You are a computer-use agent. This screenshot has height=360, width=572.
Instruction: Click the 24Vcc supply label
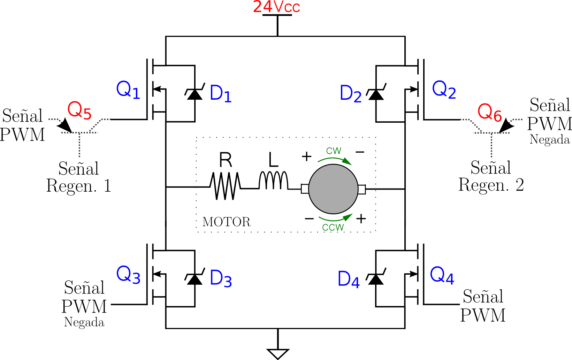[276, 7]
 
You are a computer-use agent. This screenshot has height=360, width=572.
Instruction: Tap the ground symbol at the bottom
[278, 353]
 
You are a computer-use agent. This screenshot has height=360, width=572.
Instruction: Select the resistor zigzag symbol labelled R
[225, 186]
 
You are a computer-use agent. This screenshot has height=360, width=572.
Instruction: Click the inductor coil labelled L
[273, 181]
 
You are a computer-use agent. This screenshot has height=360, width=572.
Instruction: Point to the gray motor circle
[333, 189]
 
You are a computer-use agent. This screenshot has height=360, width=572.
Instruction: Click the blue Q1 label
[128, 90]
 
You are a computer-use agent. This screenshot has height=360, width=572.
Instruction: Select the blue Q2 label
[444, 89]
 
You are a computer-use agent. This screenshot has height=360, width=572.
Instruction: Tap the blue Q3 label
[128, 275]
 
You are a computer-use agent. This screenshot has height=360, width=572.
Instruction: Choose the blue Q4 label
[442, 275]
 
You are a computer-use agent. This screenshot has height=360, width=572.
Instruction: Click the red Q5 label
[79, 110]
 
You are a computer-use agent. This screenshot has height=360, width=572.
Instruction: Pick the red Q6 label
[489, 113]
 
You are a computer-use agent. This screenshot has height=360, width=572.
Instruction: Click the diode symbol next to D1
[195, 93]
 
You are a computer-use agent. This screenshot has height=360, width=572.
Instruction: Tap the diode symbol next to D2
[376, 93]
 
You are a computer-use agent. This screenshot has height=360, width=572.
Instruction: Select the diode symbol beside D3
[195, 278]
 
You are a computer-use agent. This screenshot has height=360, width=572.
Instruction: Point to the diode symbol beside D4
[376, 278]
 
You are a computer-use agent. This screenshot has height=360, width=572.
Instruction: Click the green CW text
[334, 151]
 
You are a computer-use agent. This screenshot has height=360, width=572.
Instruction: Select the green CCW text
[333, 228]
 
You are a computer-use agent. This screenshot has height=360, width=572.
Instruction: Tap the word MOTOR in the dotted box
[227, 222]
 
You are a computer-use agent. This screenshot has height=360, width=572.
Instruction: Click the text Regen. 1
[79, 186]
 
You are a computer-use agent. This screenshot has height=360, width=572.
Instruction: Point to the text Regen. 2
[491, 185]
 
